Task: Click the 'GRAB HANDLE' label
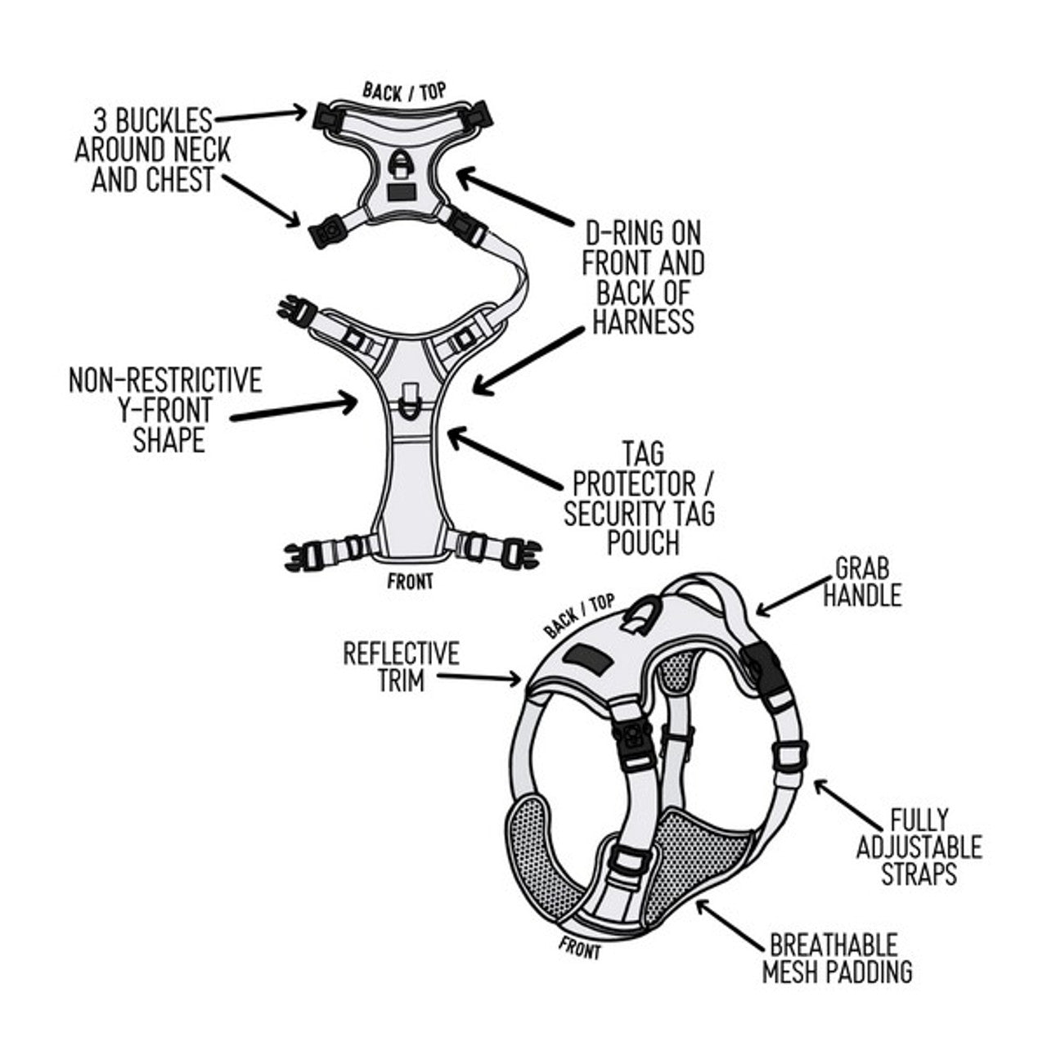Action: coord(861,582)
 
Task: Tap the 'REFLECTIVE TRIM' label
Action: coord(401,667)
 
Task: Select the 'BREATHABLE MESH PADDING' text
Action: coord(836,958)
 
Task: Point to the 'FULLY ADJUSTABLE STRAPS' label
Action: coord(919,847)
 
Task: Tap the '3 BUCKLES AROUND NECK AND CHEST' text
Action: coord(152,151)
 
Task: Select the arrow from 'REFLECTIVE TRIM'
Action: coord(479,676)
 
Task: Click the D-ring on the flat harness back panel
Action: coord(402,163)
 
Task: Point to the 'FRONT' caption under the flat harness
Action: coord(411,582)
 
